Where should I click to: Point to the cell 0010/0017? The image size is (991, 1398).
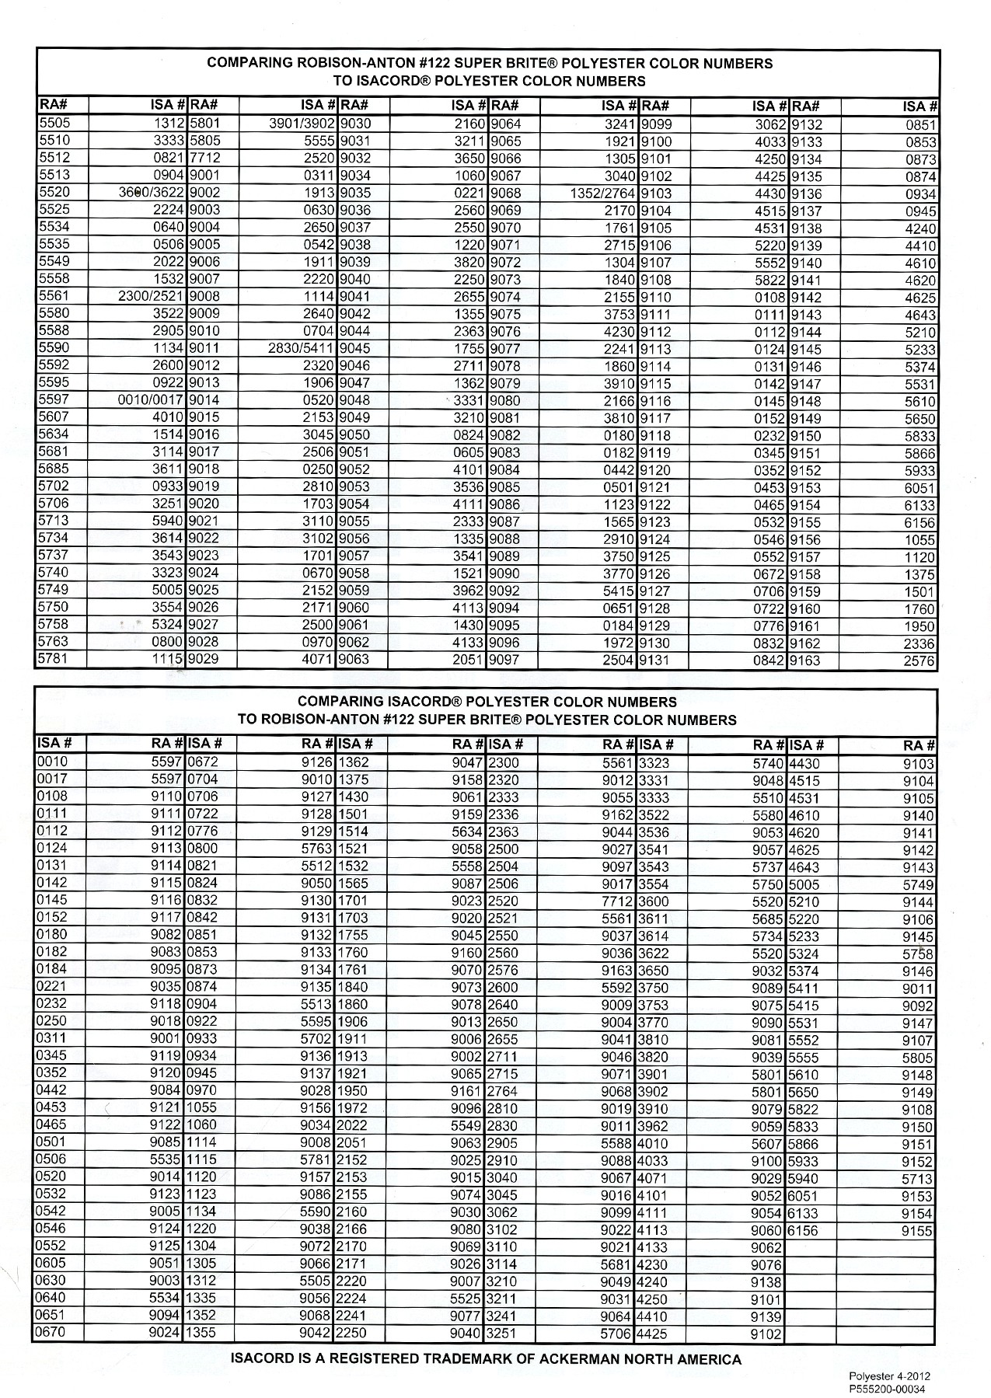[x=151, y=400]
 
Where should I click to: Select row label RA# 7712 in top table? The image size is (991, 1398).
[x=205, y=159]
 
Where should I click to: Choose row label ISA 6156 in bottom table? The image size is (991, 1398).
[x=804, y=1230]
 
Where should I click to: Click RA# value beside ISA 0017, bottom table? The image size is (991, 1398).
[x=167, y=779]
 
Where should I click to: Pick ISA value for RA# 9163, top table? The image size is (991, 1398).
[x=921, y=661]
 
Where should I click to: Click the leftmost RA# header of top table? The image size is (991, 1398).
[x=50, y=106]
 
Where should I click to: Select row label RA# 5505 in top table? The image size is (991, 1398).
[x=54, y=124]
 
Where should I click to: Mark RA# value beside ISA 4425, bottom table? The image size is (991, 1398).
[x=766, y=1334]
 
